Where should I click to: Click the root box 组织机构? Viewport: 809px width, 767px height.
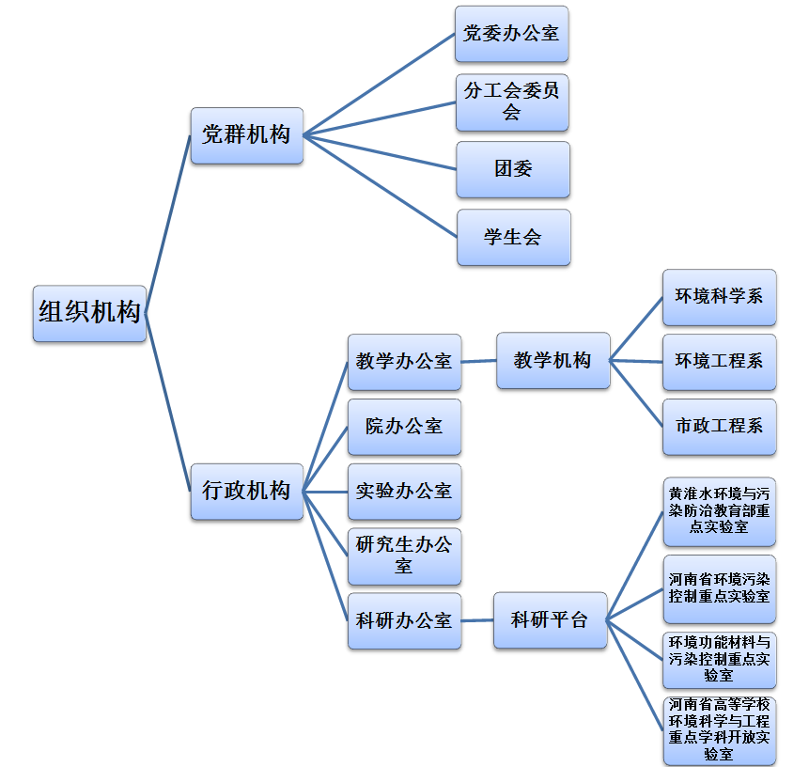click(x=89, y=313)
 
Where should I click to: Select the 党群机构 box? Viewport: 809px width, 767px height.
click(x=246, y=135)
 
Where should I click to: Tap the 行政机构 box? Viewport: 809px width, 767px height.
click(x=246, y=491)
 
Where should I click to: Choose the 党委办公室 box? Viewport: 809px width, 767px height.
click(x=512, y=34)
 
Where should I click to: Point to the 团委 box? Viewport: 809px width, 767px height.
click(x=513, y=169)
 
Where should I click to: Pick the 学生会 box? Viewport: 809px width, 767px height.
click(x=513, y=237)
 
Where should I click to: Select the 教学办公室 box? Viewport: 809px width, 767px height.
click(x=404, y=362)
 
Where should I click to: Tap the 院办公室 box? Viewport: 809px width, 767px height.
click(x=404, y=426)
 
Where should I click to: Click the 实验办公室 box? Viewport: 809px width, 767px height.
click(x=404, y=491)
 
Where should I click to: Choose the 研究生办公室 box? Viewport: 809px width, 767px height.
click(x=404, y=556)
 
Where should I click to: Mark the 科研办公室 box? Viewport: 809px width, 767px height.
click(x=404, y=620)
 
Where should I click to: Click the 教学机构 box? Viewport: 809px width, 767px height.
click(x=552, y=360)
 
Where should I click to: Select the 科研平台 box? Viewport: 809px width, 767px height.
click(x=550, y=620)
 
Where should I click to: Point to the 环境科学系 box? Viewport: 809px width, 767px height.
click(x=719, y=297)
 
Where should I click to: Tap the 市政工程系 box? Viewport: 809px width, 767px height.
click(x=719, y=426)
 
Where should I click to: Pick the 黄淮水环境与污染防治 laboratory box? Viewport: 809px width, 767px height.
click(x=719, y=511)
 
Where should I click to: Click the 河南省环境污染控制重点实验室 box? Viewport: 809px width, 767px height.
click(x=719, y=588)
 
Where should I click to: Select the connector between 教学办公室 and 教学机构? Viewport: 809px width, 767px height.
click(x=479, y=361)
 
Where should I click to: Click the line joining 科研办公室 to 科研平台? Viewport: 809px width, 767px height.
click(x=477, y=620)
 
